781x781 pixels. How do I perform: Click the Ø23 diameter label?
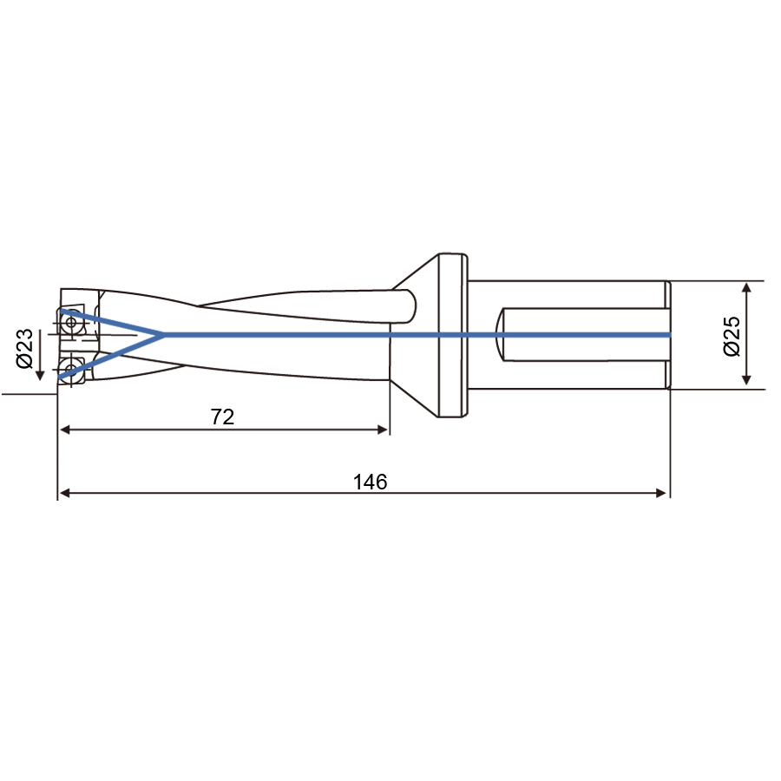point(24,348)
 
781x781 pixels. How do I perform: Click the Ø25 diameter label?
point(732,336)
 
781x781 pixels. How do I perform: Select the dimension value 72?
point(222,417)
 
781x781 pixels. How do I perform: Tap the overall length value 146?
point(370,482)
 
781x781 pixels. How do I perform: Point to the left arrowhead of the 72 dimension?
point(65,430)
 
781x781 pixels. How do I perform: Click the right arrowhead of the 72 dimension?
point(383,430)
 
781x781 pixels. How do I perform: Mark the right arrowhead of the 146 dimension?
point(661,493)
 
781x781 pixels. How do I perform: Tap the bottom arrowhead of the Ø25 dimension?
point(746,379)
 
